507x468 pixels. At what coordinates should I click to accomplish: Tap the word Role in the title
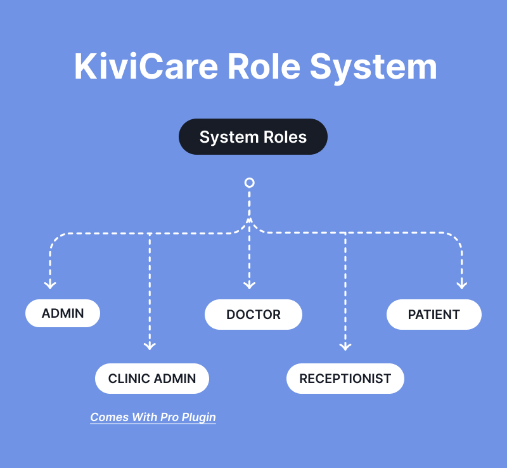262,67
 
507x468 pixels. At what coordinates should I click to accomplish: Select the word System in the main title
373,67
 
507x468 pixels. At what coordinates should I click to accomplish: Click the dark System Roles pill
253,137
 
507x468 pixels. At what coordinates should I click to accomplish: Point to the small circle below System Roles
250,183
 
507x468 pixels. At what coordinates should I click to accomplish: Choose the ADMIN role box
63,313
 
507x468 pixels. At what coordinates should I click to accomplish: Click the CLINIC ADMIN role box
152,379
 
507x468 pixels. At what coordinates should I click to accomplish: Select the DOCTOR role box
253,315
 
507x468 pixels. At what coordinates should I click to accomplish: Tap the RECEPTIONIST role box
345,379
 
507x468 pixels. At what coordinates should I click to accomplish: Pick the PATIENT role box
434,315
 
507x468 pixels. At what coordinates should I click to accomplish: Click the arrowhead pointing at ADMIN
50,284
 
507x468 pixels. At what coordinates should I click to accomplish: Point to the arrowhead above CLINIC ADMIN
150,346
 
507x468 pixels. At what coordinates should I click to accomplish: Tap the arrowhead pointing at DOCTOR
250,285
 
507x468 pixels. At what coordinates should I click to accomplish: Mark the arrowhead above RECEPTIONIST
345,346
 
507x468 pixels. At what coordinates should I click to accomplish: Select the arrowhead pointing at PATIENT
462,284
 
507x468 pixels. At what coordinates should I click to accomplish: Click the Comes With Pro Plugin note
153,417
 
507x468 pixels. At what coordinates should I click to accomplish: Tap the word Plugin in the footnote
196,417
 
